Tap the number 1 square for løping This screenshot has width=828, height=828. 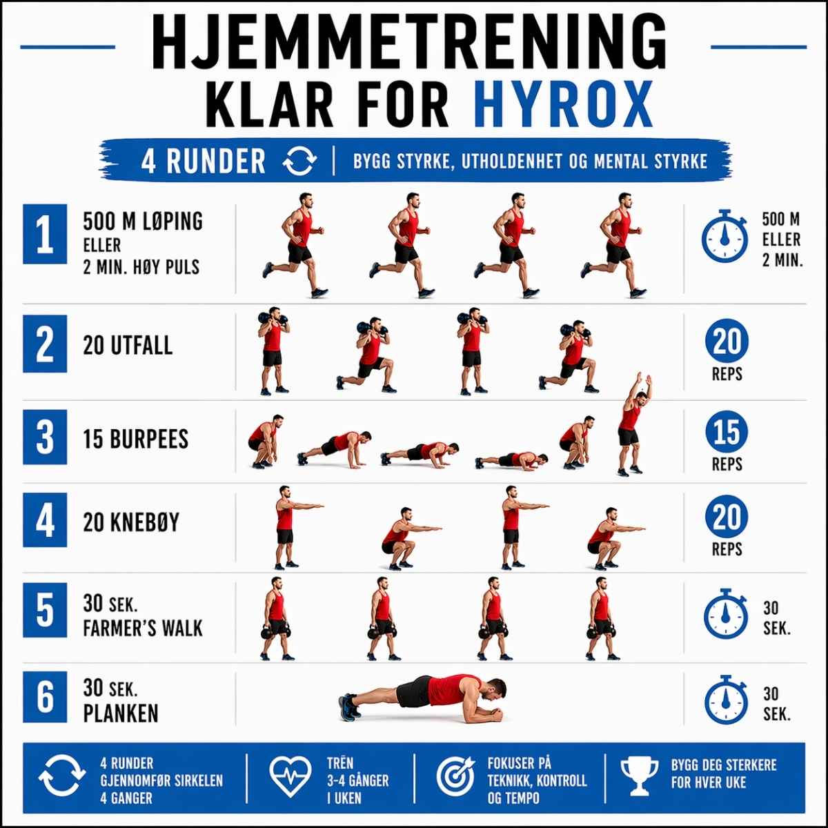click(x=45, y=234)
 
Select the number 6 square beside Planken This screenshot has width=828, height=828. click(x=45, y=697)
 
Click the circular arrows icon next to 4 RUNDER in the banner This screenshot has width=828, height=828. click(x=299, y=161)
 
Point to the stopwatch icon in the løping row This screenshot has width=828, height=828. click(x=724, y=236)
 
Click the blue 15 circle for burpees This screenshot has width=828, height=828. click(x=727, y=432)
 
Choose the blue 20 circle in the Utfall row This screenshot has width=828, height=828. click(x=727, y=342)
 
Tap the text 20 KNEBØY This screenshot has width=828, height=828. click(x=131, y=522)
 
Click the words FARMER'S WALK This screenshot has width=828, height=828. click(x=143, y=628)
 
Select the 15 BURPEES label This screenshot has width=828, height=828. click(x=135, y=439)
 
